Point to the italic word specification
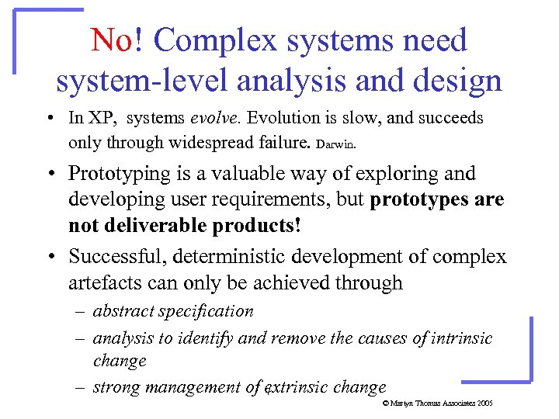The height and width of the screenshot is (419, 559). [205, 312]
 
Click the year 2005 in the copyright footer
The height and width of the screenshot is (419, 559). [484, 404]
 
